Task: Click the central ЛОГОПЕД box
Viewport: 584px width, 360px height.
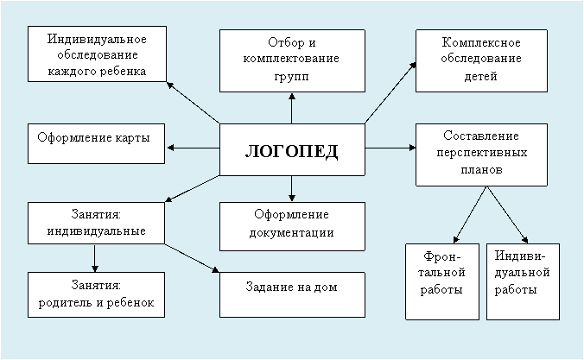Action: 292,149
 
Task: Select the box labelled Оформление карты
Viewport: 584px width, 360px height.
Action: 96,143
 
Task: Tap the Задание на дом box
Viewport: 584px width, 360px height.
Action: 292,294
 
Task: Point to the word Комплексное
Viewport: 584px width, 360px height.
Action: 481,42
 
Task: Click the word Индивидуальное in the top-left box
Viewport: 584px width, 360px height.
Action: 97,39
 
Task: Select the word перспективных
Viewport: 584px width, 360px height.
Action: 482,153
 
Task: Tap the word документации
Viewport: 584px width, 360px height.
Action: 292,233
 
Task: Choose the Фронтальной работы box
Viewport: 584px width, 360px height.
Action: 442,281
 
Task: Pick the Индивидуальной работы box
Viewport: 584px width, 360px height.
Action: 523,281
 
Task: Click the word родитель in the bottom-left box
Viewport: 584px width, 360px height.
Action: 66,303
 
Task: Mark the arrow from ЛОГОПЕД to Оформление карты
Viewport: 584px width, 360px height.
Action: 193,148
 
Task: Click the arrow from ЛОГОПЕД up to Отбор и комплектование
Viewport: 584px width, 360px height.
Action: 292,108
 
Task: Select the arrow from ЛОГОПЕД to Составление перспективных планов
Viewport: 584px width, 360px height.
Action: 390,148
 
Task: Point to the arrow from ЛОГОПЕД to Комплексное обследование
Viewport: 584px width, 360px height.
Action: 390,92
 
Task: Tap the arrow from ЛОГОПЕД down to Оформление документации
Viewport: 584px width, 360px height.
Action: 292,188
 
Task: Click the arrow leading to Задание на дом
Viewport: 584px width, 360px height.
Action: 192,258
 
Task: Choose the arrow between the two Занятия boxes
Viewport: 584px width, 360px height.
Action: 95,258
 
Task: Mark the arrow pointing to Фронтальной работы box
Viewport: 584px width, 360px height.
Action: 470,215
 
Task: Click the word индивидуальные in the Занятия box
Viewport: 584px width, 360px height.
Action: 97,231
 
